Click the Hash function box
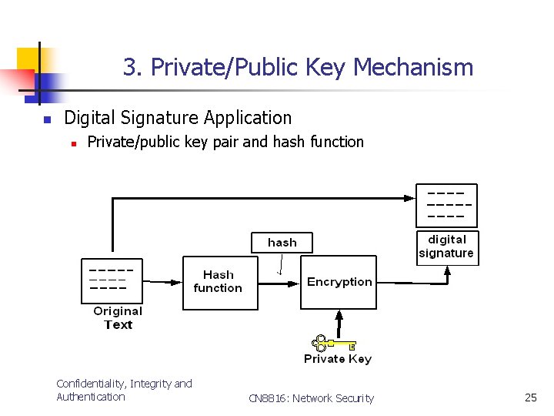pos(217,282)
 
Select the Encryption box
pos(339,282)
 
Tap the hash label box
pos(282,242)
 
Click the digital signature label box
pos(447,247)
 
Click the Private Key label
pos(337,359)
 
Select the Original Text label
pos(118,317)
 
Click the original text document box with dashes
pos(112,280)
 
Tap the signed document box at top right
pos(446,205)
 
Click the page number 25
pos(530,398)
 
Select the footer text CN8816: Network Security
pos(311,398)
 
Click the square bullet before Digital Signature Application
pos(46,119)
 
